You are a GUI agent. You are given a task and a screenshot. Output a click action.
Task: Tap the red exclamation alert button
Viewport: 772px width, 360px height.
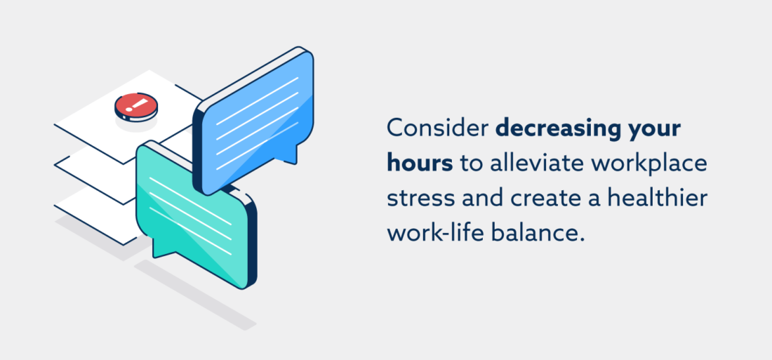(x=136, y=107)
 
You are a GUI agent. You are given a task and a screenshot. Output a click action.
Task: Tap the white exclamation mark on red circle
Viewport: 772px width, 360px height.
(x=136, y=105)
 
